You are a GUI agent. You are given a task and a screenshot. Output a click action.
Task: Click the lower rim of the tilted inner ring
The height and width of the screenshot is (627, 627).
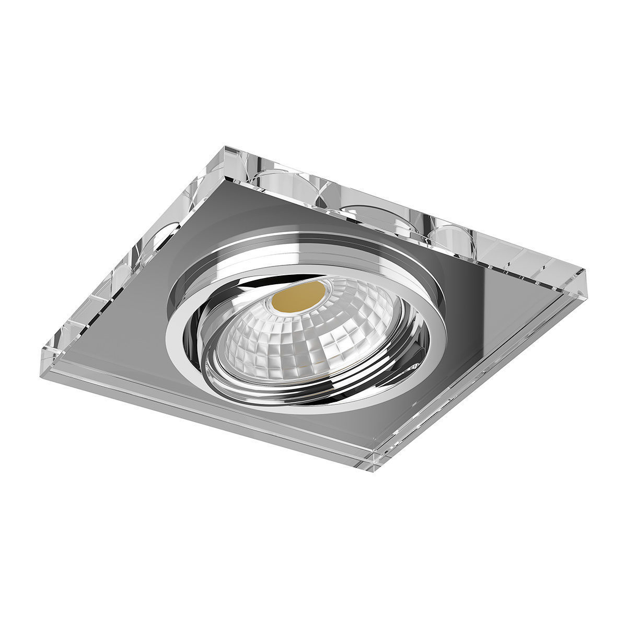click(x=293, y=397)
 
